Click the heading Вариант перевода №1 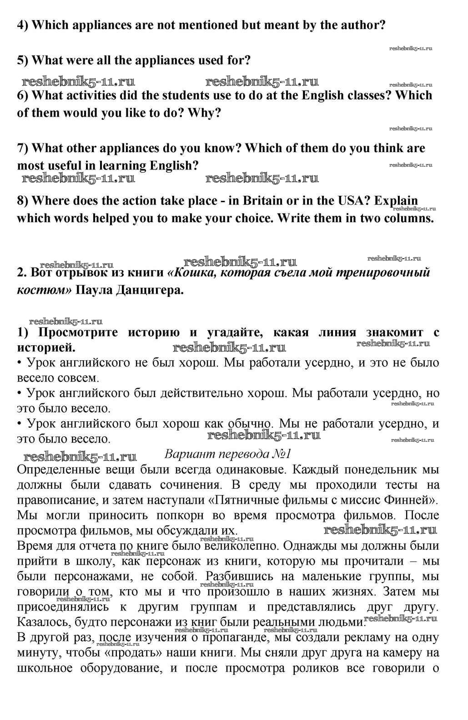227,454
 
